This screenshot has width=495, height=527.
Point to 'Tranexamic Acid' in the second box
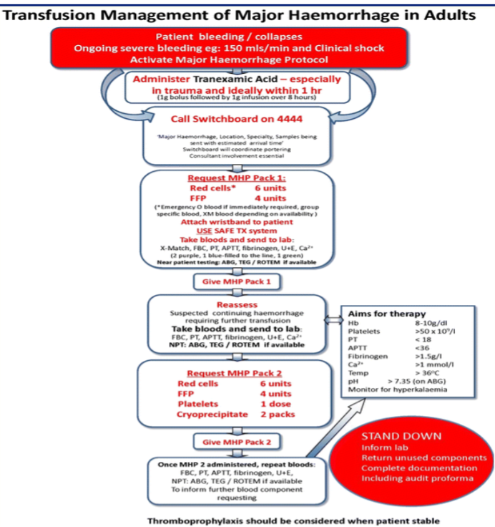(224, 79)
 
